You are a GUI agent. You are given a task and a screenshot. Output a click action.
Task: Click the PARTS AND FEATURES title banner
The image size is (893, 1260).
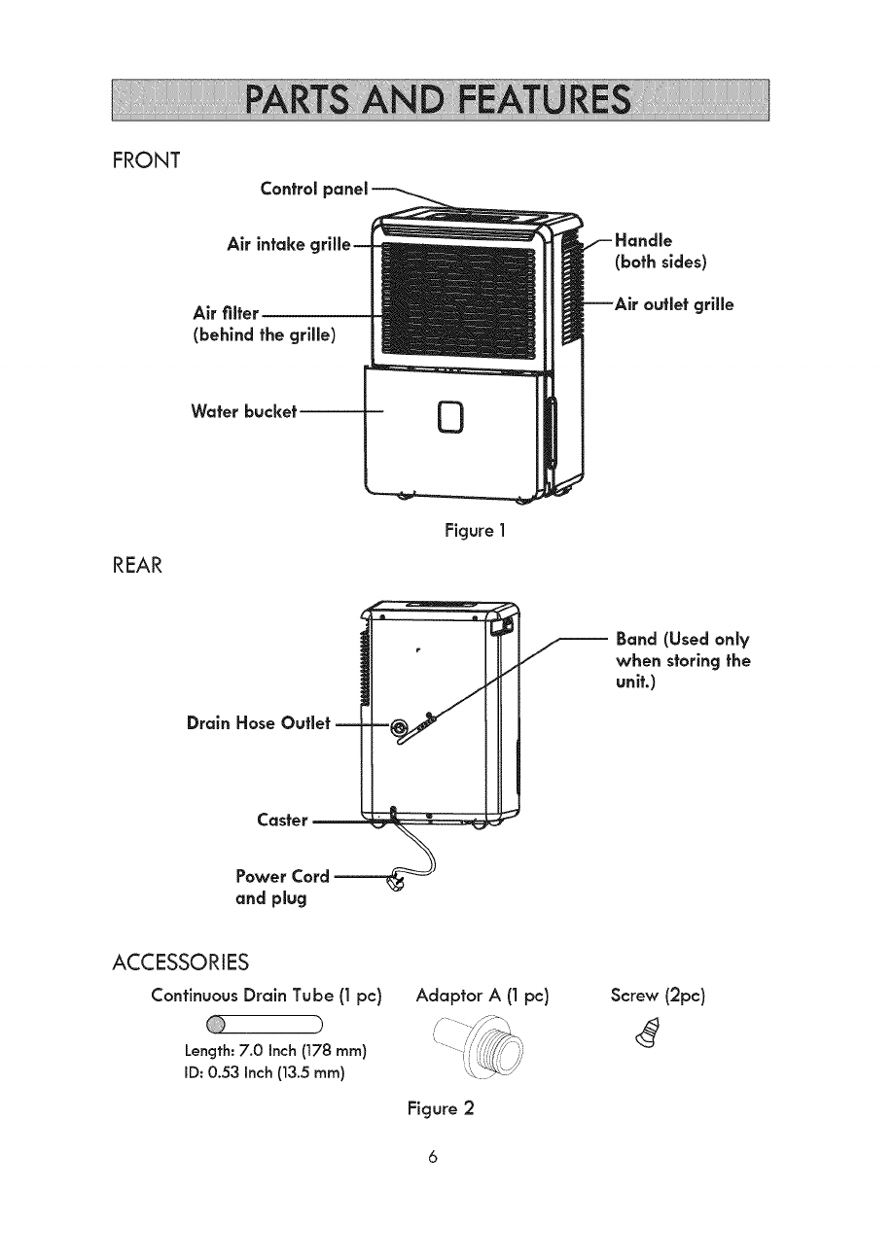(x=441, y=100)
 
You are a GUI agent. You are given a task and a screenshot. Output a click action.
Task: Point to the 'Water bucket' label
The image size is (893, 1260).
(x=244, y=411)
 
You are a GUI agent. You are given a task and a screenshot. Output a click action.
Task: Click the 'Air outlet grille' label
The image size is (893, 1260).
(x=675, y=304)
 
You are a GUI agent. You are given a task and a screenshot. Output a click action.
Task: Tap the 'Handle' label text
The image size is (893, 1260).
(x=645, y=240)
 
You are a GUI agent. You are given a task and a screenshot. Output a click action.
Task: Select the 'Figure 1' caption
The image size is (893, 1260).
(x=474, y=531)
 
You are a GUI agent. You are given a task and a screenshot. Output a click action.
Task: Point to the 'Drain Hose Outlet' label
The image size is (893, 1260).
(x=259, y=723)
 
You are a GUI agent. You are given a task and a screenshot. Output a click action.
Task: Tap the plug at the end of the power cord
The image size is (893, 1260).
(x=398, y=883)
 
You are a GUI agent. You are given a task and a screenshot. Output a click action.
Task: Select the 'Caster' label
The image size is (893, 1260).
(x=282, y=820)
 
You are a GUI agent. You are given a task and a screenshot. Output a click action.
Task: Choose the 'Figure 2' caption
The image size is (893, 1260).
(x=440, y=1108)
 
